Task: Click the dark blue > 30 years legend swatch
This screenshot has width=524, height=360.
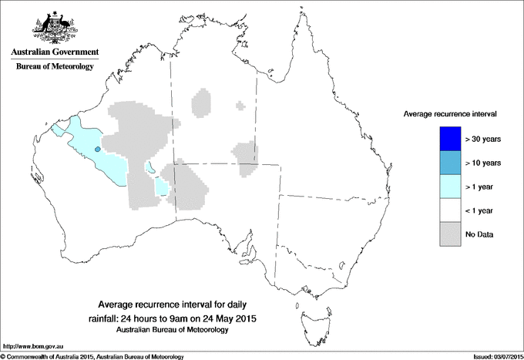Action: (445, 138)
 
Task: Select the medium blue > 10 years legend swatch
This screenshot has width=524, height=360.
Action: (445, 162)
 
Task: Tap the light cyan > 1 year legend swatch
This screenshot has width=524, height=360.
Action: (445, 186)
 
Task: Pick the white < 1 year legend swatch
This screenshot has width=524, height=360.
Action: (445, 210)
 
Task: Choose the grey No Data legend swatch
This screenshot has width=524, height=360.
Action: (445, 234)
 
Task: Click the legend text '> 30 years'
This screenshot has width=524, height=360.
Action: (483, 139)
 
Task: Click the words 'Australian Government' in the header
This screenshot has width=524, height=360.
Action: (54, 52)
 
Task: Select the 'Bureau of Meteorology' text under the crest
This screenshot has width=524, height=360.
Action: (54, 67)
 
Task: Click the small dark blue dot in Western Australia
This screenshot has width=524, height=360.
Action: (97, 149)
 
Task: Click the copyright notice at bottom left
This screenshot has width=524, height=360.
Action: (92, 356)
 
